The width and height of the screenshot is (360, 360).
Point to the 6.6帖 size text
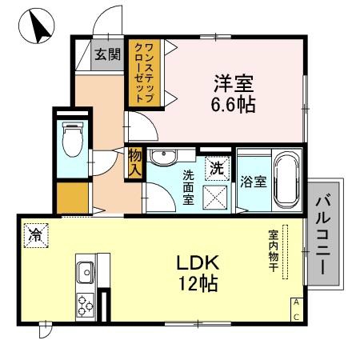[234, 104]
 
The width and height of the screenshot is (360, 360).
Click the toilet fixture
[73, 141]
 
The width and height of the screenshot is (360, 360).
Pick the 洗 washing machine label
[215, 168]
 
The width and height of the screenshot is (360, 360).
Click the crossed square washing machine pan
[215, 195]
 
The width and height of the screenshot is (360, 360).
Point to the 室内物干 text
[273, 251]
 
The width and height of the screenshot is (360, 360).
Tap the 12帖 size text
[192, 283]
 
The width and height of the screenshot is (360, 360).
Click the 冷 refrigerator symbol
[36, 234]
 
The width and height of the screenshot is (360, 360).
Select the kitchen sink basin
[84, 273]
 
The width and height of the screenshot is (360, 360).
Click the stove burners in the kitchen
[84, 302]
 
